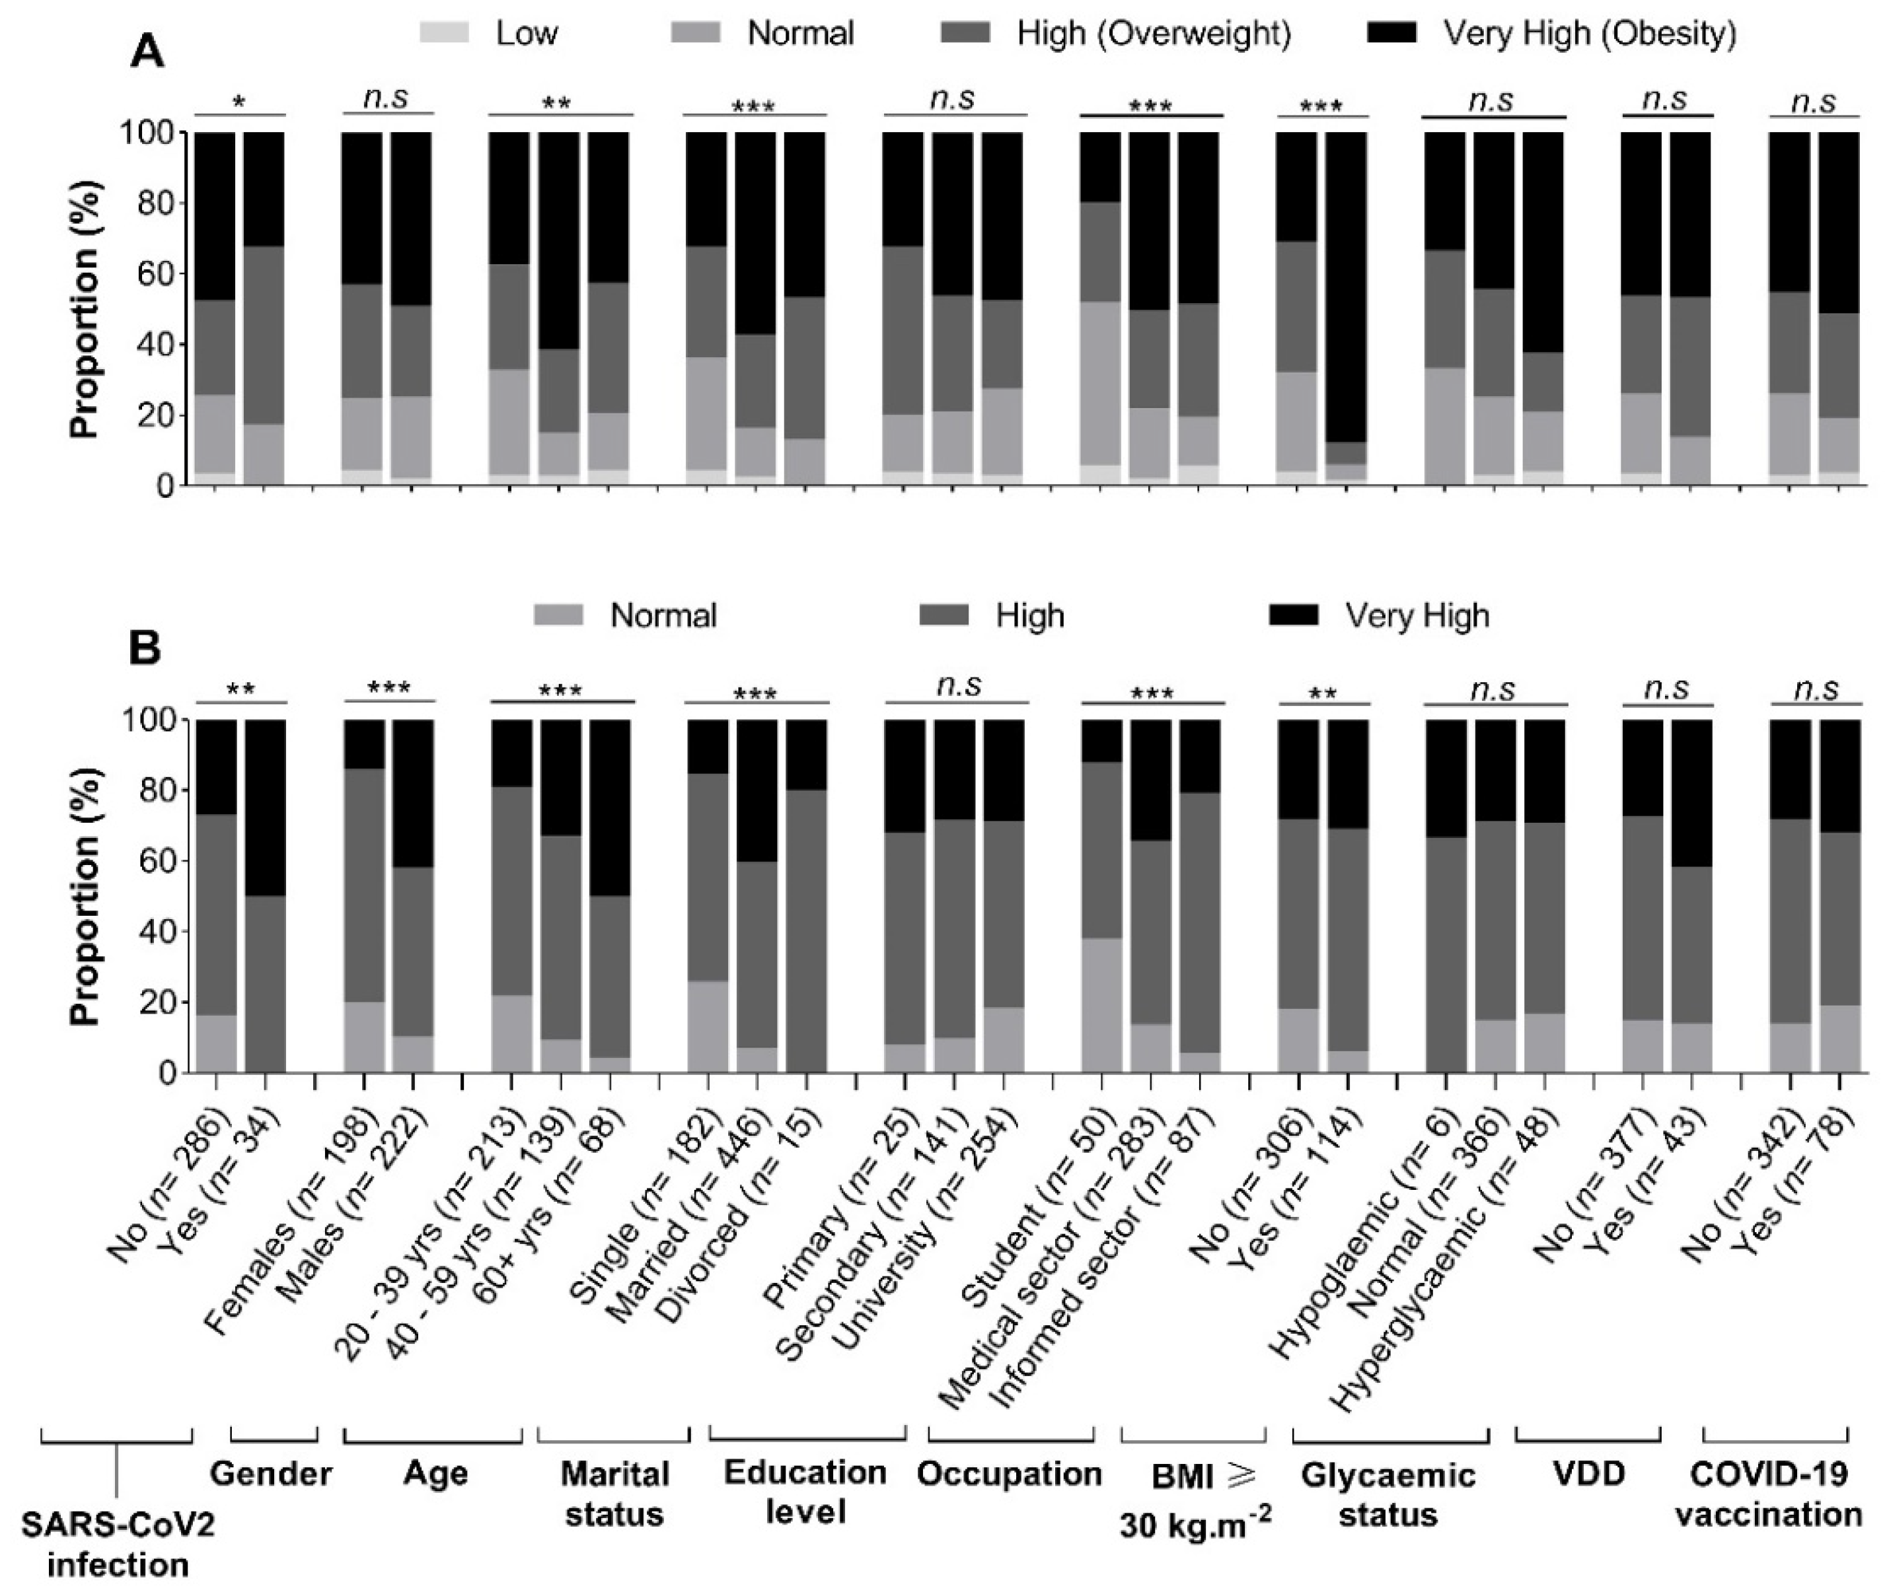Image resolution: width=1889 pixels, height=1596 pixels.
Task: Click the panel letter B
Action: pos(146,648)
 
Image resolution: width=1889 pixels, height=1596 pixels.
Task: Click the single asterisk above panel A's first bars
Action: pos(240,103)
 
